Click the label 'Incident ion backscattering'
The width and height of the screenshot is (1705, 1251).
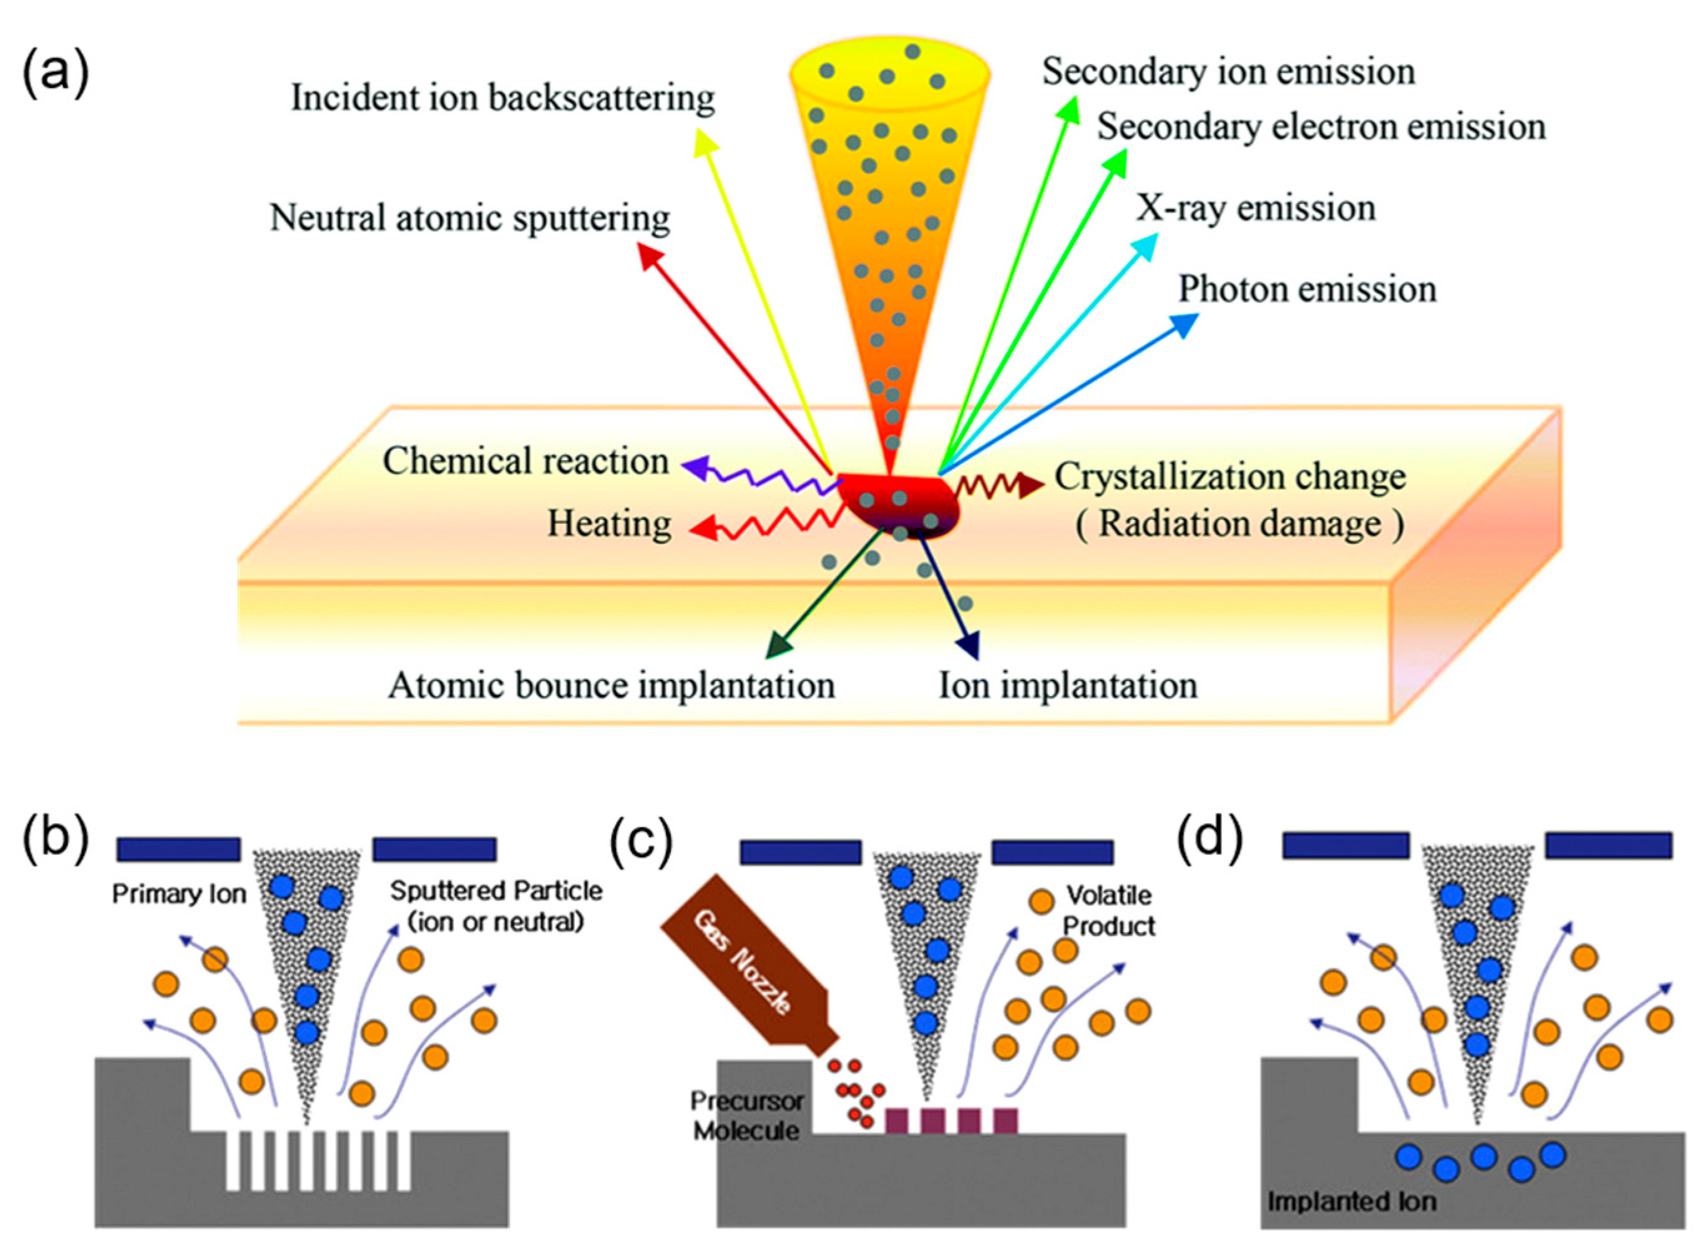503,99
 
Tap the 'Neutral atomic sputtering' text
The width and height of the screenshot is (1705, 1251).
469,218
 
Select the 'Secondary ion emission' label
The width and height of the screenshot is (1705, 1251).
1228,72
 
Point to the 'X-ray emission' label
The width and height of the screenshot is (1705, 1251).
1254,208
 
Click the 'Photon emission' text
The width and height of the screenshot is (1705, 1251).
1307,289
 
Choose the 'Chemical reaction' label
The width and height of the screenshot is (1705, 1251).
525,461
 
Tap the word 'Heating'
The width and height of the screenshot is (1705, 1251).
610,524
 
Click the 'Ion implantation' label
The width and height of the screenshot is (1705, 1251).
1068,685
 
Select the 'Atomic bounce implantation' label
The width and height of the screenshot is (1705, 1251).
611,685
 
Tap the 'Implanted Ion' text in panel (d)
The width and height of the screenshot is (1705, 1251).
1351,1202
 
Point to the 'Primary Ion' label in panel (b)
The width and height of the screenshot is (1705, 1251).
178,895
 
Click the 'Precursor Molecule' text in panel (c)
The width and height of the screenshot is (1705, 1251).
746,1116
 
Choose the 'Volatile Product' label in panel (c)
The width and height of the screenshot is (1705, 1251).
1108,910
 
